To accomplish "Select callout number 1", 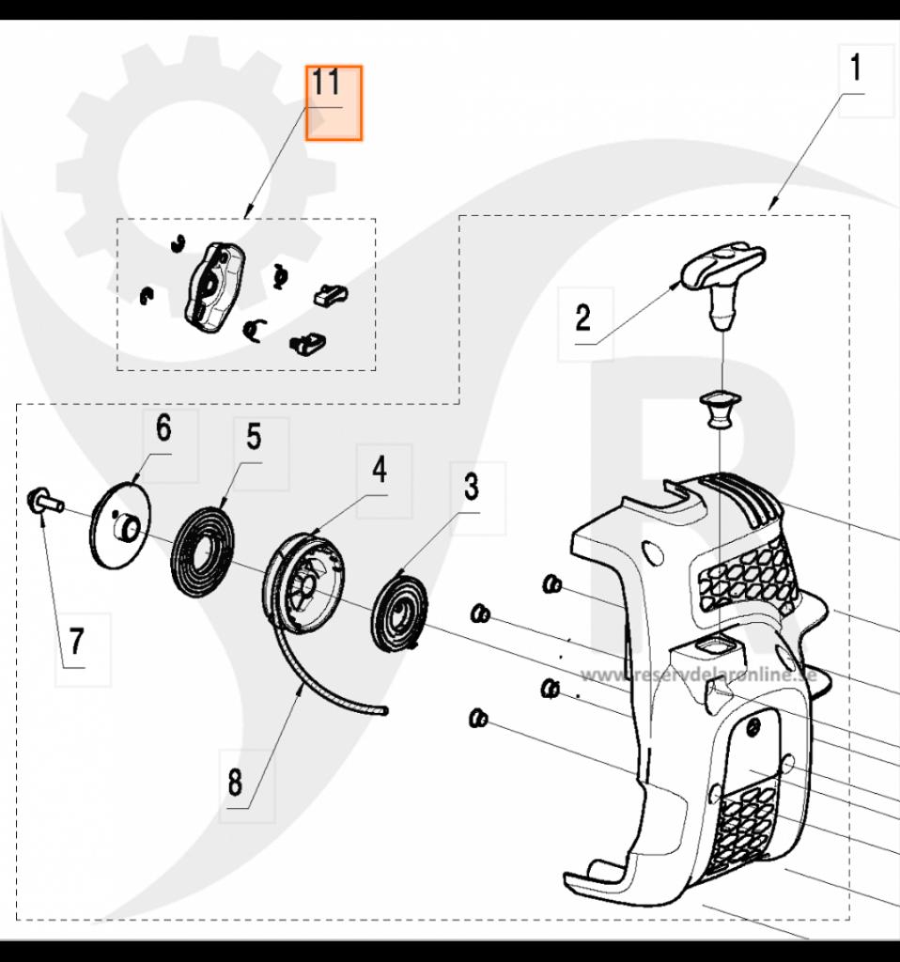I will pos(855,68).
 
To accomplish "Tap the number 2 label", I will pos(583,318).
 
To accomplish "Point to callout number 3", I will pos(472,488).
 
